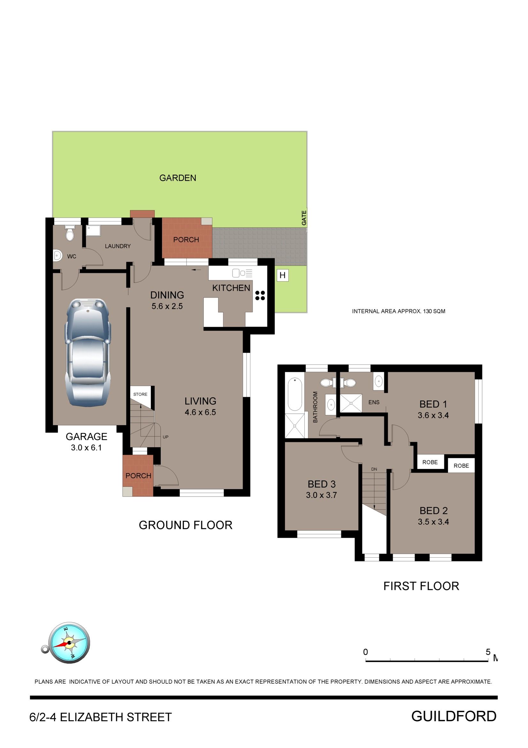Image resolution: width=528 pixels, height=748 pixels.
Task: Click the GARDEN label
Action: tap(178, 178)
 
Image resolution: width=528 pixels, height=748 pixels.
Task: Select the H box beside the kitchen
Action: tap(282, 275)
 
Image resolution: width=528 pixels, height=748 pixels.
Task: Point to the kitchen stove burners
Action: tap(260, 296)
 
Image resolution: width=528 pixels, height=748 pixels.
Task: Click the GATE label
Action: tap(304, 218)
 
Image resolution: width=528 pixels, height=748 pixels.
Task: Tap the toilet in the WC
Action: tap(70, 233)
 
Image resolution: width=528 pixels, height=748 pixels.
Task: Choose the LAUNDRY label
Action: tap(118, 246)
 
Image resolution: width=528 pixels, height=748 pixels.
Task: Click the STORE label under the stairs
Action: tap(140, 394)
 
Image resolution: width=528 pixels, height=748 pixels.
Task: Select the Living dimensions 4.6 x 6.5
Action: tap(200, 412)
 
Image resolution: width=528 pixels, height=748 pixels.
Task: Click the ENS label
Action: tap(374, 402)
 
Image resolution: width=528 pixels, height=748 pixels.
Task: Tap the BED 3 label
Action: tap(322, 484)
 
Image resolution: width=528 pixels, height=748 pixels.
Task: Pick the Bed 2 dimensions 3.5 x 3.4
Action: tap(433, 522)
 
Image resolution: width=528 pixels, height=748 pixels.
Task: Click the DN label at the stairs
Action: tap(374, 469)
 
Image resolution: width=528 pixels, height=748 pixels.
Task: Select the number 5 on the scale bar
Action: tap(488, 652)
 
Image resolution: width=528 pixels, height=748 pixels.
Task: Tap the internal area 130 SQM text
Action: tap(399, 311)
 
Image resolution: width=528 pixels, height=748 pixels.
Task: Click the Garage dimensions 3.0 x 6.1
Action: tap(87, 448)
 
